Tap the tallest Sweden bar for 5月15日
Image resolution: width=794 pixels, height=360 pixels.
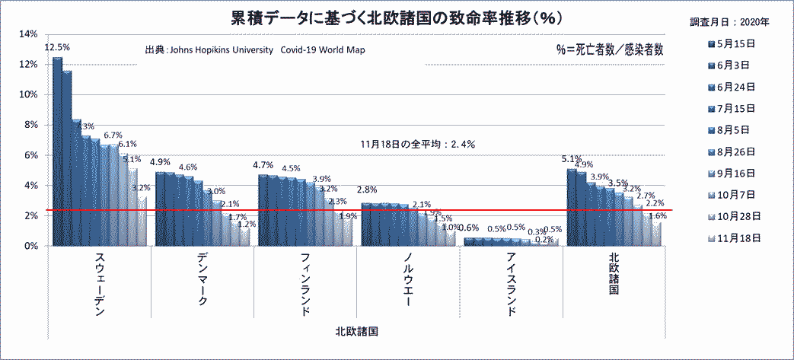57,152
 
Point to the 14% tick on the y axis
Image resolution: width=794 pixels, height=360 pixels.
27,34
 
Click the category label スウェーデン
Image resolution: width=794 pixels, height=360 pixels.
100,285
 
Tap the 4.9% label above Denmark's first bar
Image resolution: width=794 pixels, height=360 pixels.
160,162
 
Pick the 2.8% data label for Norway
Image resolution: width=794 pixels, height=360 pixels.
367,190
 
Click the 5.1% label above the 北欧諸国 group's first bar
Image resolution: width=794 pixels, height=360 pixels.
571,160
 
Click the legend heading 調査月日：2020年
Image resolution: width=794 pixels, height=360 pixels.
734,22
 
